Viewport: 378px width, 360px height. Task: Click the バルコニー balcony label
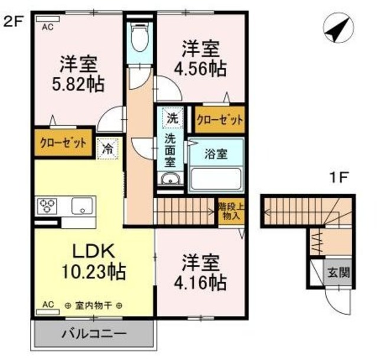tap(94, 334)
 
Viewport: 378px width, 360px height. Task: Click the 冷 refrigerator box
tap(108, 148)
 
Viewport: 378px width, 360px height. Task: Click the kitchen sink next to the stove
tap(82, 207)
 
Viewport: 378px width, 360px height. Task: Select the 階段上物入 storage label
tap(229, 211)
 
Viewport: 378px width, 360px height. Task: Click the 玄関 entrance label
tap(338, 273)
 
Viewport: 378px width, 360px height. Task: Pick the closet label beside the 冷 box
tap(64, 143)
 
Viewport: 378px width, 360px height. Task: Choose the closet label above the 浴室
tap(219, 120)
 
